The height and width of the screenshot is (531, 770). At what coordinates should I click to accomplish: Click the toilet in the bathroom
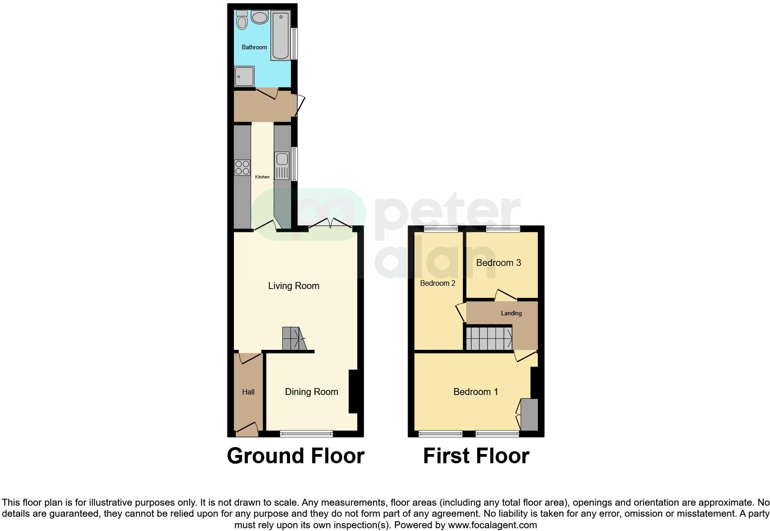click(x=242, y=20)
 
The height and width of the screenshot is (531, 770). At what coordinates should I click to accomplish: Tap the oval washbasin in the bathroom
click(x=260, y=18)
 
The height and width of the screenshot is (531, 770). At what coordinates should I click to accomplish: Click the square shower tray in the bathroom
click(x=245, y=76)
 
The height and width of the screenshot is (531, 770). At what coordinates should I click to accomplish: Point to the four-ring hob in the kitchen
click(x=242, y=167)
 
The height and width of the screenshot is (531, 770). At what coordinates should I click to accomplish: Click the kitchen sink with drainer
click(x=281, y=166)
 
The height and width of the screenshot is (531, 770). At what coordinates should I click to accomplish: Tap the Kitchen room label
click(x=262, y=177)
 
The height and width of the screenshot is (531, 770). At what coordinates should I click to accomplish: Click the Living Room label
click(x=294, y=286)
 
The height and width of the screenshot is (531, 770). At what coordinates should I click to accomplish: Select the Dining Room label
click(x=311, y=392)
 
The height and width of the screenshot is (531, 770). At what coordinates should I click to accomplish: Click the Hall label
click(x=248, y=392)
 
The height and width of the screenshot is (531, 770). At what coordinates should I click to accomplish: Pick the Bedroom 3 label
click(x=498, y=263)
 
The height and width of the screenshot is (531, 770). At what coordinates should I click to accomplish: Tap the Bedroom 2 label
click(x=437, y=283)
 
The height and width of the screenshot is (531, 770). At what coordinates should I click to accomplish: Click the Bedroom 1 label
click(x=476, y=392)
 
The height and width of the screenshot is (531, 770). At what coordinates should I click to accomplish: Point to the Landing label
click(x=511, y=313)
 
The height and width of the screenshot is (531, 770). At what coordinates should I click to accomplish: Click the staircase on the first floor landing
click(x=489, y=338)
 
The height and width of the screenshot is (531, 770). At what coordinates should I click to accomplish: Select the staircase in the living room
click(x=293, y=339)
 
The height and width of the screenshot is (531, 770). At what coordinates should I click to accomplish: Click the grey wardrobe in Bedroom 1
click(x=529, y=415)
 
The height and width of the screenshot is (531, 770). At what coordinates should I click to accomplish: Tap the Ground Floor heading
click(x=296, y=456)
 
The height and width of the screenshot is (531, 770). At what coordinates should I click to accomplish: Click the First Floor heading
click(x=476, y=456)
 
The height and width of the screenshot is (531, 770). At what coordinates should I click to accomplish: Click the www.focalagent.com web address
click(x=492, y=525)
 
